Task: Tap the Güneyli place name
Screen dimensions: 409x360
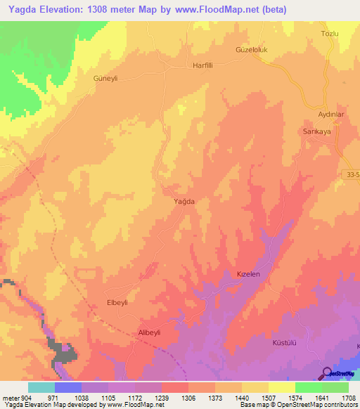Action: click(x=105, y=79)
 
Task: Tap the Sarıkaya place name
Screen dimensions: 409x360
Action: click(x=316, y=131)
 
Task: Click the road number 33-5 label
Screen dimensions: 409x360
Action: click(x=353, y=174)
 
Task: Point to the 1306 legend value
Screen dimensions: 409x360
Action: click(x=188, y=397)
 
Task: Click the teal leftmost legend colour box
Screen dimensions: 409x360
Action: click(x=41, y=387)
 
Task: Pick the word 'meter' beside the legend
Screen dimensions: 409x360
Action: click(x=11, y=397)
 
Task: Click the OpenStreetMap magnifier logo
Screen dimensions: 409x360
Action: click(x=327, y=372)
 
